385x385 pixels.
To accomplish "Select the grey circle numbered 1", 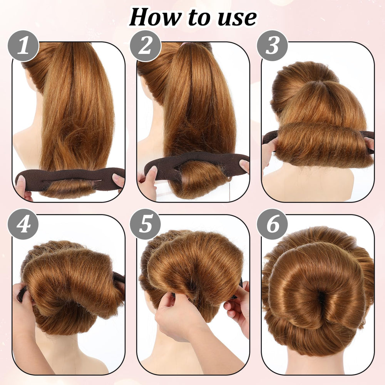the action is coord(23,46).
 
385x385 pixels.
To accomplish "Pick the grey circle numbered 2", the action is coord(146,46).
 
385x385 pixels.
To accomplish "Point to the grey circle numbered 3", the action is coord(272,46).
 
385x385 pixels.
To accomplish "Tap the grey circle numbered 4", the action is coord(23,224).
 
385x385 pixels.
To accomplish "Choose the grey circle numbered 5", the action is coord(146,224).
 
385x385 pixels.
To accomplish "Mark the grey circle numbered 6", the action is coord(272,224).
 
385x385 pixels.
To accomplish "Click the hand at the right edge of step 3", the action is coord(369,143).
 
